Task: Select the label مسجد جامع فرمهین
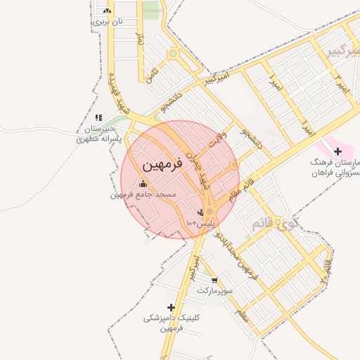pos(143,194)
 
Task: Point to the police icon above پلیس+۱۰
pos(200,212)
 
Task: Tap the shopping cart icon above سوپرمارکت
pos(214,280)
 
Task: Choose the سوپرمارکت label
pos(213,290)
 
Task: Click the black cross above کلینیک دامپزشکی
pos(171,307)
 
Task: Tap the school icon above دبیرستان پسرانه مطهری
pos(98,117)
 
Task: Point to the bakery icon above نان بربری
pos(107,11)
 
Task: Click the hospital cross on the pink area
pos(337,151)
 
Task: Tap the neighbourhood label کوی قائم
pos(275,224)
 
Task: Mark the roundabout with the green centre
pos(172,53)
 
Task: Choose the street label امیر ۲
pos(342,83)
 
